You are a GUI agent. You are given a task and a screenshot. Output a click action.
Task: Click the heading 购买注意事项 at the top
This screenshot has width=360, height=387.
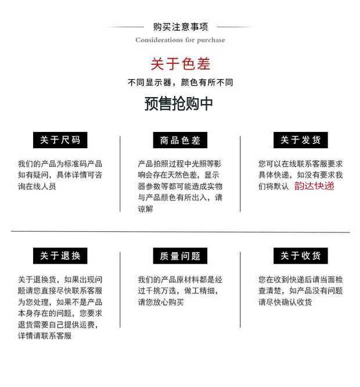tap(180, 27)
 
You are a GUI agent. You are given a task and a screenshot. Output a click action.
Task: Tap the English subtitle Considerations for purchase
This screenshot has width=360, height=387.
tap(180, 40)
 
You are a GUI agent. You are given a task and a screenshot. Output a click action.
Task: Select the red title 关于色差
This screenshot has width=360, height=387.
tap(180, 64)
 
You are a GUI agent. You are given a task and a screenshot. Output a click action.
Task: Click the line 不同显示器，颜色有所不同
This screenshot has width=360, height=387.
tap(180, 83)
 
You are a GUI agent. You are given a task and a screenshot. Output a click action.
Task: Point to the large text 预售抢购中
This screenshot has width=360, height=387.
tap(179, 103)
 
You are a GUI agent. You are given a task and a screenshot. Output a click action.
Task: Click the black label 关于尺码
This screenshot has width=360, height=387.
tap(60, 140)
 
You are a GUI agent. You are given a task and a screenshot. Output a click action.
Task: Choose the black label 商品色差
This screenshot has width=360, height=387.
tap(180, 140)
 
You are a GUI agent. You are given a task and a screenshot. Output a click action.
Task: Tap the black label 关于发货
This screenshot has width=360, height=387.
tap(300, 140)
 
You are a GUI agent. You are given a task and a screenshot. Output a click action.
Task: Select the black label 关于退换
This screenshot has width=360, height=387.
tap(60, 256)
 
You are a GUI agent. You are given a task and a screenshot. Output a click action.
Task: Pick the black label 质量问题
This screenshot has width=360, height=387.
tap(180, 256)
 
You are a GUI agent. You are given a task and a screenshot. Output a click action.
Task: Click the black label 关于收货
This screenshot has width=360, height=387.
tap(300, 256)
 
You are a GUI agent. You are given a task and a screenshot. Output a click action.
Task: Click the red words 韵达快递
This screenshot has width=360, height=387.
tap(314, 186)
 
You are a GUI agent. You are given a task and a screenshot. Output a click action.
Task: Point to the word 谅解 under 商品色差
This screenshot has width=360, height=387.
tap(145, 209)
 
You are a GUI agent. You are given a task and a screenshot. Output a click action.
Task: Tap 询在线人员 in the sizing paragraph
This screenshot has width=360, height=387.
tap(37, 187)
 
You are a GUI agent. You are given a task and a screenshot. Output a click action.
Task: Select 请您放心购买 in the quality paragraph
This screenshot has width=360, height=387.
tap(161, 302)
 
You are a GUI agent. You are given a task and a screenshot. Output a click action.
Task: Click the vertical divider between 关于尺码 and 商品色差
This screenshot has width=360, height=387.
tap(120, 174)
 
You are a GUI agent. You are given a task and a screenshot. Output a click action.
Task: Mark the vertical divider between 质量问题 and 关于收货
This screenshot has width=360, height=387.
tap(240, 289)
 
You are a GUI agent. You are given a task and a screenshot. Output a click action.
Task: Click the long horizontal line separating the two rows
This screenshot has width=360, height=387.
tap(180, 232)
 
